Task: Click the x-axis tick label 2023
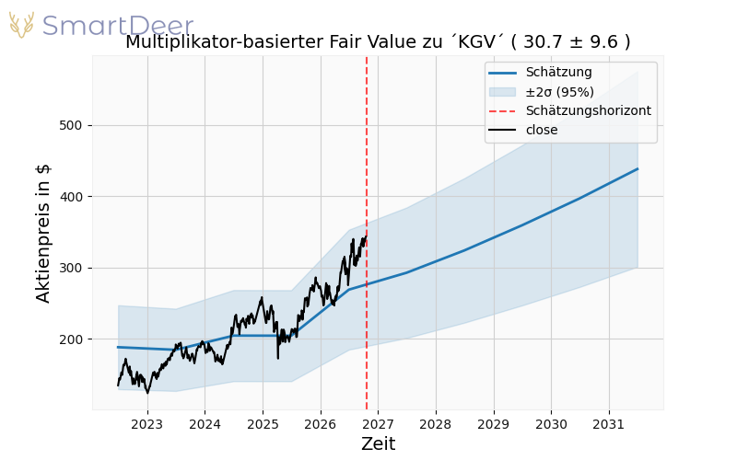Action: coord(147,424)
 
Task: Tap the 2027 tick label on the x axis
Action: coord(379,424)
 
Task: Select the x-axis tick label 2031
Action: coord(609,424)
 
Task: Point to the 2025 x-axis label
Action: coord(263,424)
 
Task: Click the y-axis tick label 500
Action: coord(71,125)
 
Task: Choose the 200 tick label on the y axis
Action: coord(71,339)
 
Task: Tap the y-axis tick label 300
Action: coord(71,268)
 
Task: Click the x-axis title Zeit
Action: coord(379,443)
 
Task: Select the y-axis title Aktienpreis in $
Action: coord(42,234)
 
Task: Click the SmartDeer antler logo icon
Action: coord(21,25)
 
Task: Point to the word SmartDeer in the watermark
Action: coord(118,25)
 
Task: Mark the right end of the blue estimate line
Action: coord(638,168)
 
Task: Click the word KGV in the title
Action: coord(477,41)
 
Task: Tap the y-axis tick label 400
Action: coord(71,197)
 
